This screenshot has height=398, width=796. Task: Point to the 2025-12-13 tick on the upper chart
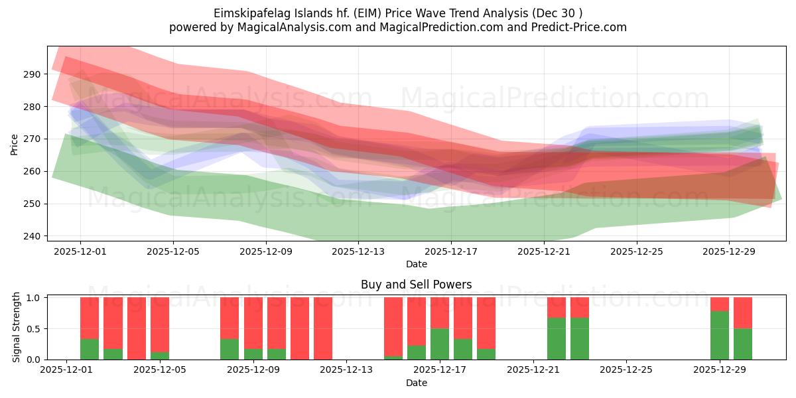358,251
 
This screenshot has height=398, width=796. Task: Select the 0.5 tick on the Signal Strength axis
33,328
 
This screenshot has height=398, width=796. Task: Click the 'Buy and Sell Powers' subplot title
416,285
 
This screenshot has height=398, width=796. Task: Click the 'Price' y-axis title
14,145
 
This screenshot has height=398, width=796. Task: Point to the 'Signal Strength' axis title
17,328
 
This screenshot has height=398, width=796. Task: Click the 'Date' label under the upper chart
416,264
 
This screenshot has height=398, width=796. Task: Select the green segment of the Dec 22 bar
557,338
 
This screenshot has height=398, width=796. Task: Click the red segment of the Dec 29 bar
720,304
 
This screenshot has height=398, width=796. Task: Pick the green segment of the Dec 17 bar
440,344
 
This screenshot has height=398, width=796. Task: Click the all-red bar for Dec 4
137,328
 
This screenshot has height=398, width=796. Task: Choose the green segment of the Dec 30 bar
743,344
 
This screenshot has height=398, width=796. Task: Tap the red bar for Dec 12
323,328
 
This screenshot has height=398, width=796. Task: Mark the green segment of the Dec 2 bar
90,349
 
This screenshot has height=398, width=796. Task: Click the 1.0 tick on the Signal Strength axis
33,298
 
